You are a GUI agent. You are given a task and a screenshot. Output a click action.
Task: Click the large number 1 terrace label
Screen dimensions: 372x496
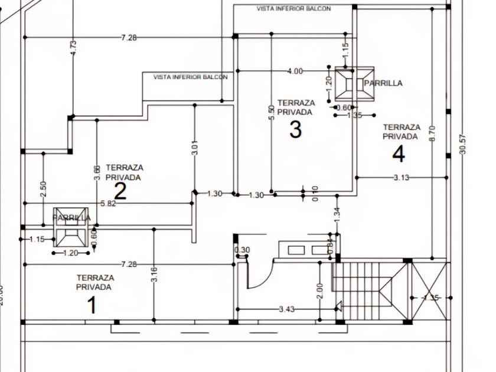point(92,305)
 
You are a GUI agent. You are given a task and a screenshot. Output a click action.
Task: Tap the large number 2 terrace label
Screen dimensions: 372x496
point(120,191)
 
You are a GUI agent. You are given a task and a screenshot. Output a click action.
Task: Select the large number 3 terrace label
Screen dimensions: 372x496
point(295,129)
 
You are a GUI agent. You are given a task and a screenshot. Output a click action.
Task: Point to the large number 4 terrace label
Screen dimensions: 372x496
point(399,154)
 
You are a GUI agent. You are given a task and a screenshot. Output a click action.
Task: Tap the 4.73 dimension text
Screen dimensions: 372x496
point(73,48)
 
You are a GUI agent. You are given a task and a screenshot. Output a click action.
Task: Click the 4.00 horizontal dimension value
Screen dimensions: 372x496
point(295,71)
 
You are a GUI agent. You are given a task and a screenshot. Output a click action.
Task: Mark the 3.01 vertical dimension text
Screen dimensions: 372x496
point(195,147)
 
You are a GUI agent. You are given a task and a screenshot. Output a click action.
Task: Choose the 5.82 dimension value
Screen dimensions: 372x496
point(109,204)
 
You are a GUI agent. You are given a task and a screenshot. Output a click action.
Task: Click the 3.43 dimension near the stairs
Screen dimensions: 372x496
point(287,309)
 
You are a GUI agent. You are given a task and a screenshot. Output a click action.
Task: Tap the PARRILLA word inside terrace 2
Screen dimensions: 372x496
point(71,218)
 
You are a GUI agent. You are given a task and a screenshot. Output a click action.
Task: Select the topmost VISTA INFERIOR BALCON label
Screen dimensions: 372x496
point(293,9)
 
